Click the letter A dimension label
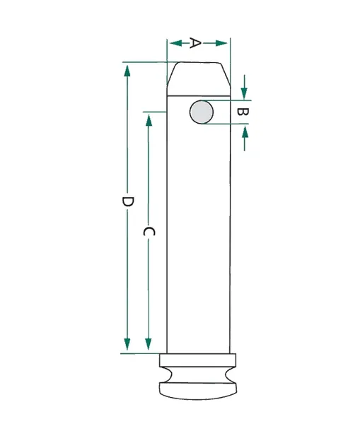pos(195,43)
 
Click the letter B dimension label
pos(243,112)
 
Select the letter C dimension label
pos(149,232)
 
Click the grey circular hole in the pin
pos(201,112)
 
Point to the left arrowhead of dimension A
pos(176,43)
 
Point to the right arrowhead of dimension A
pos(221,43)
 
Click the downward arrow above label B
pos(244,87)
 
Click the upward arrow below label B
pos(245,138)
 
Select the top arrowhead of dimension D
pos(127,71)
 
